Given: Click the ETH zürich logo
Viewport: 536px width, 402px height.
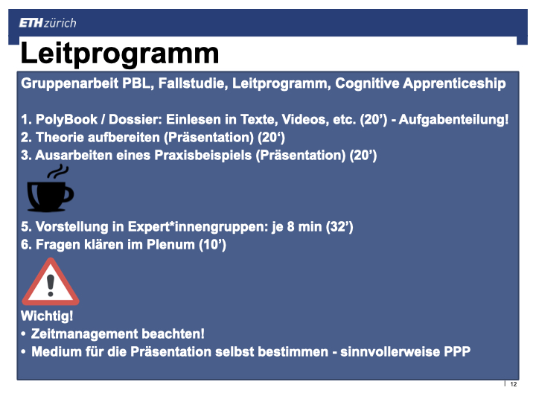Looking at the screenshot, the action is point(48,23).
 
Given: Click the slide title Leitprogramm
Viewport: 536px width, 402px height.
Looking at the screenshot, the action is point(120,54).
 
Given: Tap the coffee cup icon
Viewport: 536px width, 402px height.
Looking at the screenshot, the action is point(51,188).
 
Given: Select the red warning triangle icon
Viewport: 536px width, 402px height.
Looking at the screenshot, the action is point(51,281).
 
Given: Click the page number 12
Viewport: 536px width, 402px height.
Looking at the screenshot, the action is point(514,384).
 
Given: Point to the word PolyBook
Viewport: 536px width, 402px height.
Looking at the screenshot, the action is point(67,120).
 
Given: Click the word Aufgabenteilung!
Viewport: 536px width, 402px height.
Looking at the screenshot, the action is point(453,120).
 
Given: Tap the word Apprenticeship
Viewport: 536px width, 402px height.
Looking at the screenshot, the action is point(454,83).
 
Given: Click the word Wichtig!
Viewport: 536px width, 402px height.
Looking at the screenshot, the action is point(47,316).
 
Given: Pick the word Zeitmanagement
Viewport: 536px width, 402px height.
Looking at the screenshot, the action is point(83,334).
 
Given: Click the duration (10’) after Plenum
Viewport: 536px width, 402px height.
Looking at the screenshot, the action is point(213,245).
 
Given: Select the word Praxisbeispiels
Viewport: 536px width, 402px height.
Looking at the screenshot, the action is point(203,156).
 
